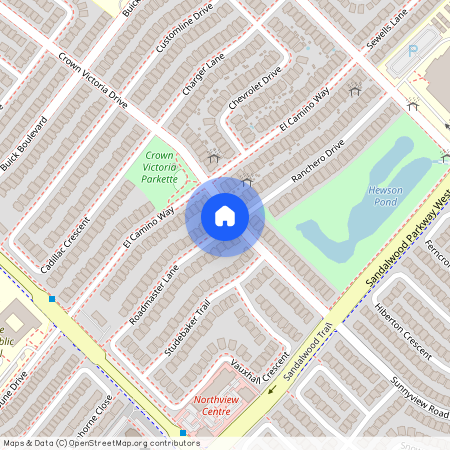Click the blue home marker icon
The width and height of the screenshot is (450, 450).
225,216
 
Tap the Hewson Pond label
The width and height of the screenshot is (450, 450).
385,195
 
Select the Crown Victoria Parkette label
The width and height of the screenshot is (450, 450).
160,167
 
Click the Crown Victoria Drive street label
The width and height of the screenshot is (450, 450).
92,81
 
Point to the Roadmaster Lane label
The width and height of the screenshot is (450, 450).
157,291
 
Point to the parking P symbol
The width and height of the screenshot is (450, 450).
413,49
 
